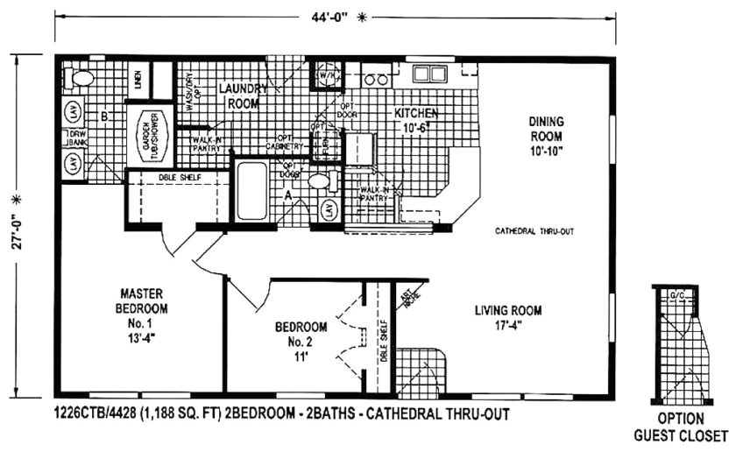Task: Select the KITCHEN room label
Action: [415, 121]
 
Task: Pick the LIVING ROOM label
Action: [508, 318]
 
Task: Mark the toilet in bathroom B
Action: [82, 78]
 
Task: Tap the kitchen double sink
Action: [429, 74]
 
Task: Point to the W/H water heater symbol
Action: [326, 74]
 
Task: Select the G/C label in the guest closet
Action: [676, 295]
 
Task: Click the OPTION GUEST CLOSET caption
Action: [681, 427]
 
